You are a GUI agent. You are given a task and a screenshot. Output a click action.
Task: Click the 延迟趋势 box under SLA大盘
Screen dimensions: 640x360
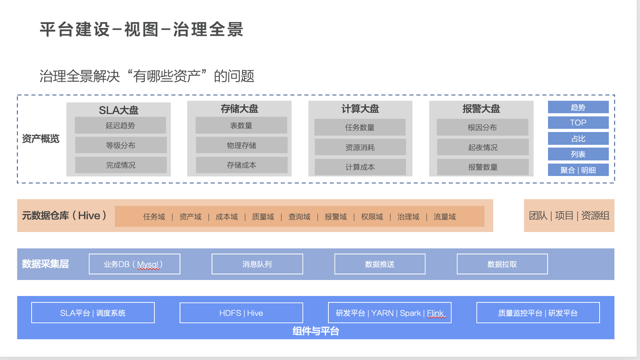(x=120, y=125)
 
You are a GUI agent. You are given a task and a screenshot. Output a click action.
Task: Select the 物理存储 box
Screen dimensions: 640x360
(x=241, y=145)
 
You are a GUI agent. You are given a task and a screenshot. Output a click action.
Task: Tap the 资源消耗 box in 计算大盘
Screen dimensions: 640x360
(x=360, y=147)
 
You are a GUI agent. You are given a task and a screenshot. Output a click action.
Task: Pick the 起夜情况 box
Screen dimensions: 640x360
(x=482, y=147)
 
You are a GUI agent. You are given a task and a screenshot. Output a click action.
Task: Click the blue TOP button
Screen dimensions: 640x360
(x=578, y=122)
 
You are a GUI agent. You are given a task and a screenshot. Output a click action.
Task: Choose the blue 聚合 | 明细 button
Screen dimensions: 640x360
(x=578, y=170)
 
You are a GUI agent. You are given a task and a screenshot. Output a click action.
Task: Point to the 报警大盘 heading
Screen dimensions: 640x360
(x=481, y=109)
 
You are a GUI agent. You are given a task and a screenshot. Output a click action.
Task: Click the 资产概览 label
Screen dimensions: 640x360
(x=40, y=138)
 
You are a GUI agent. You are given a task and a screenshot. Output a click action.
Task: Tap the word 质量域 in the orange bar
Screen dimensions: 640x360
(x=263, y=217)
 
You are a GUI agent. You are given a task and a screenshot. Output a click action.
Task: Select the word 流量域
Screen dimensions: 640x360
(x=444, y=217)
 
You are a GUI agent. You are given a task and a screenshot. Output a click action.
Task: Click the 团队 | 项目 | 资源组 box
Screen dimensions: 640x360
(x=569, y=215)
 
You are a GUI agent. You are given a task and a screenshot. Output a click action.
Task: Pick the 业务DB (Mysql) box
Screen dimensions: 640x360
(x=134, y=264)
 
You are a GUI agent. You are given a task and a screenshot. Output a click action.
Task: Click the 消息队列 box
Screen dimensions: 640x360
(x=257, y=264)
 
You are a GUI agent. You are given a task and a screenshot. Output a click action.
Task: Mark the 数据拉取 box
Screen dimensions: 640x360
(x=502, y=264)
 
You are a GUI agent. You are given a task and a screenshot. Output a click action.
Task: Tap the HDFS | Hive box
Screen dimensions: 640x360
(x=241, y=313)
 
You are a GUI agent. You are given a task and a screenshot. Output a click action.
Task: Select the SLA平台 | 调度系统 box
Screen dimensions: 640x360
(x=93, y=313)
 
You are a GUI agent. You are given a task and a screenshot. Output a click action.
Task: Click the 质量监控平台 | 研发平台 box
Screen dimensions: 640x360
(x=538, y=313)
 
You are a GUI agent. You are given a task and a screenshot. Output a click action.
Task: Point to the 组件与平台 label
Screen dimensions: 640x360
(x=315, y=331)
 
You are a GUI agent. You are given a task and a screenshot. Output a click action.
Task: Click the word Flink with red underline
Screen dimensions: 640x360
(x=435, y=313)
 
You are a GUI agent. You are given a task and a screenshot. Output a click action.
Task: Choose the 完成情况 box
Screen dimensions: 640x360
(x=121, y=165)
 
